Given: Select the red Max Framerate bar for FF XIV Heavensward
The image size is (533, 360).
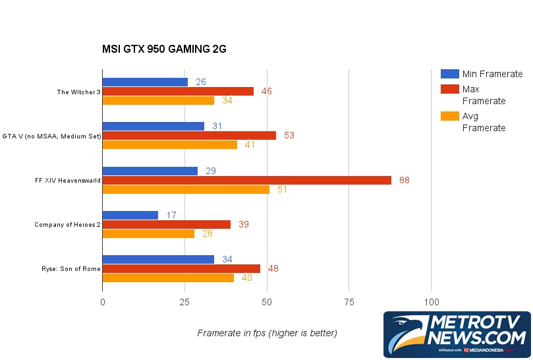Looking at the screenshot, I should [x=246, y=180].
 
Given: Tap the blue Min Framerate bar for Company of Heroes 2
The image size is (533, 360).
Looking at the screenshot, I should [x=130, y=215].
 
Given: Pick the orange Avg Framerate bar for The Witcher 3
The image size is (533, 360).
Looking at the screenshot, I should [x=158, y=101].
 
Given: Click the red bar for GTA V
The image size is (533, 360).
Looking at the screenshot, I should [x=189, y=135].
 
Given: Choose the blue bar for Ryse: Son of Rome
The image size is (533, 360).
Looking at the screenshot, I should [x=158, y=259].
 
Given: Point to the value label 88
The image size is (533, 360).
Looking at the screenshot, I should [x=405, y=180].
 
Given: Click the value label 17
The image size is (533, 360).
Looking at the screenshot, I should [x=171, y=215].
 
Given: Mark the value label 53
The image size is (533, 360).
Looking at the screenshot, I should [x=289, y=135].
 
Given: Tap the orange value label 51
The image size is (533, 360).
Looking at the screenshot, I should [x=281, y=190].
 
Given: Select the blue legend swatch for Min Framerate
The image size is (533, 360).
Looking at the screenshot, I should [x=449, y=74].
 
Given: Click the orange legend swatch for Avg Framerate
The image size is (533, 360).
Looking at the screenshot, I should [x=449, y=116].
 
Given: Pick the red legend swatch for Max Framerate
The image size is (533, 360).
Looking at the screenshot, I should [x=449, y=88].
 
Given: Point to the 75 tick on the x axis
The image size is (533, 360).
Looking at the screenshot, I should [x=349, y=302].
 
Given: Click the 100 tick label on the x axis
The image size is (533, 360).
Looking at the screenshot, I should [x=431, y=302].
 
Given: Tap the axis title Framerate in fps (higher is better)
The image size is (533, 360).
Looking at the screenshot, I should [x=267, y=333].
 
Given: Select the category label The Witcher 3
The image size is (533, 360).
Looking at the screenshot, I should [x=78, y=92].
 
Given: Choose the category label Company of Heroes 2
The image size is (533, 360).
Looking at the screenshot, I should [x=67, y=225].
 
